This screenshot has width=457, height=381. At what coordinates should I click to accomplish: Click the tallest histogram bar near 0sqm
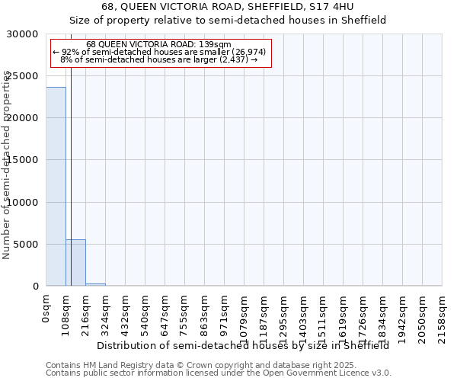(56, 187)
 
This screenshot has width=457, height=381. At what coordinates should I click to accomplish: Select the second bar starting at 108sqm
(75, 263)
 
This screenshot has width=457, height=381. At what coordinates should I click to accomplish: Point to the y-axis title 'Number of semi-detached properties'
(8, 165)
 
